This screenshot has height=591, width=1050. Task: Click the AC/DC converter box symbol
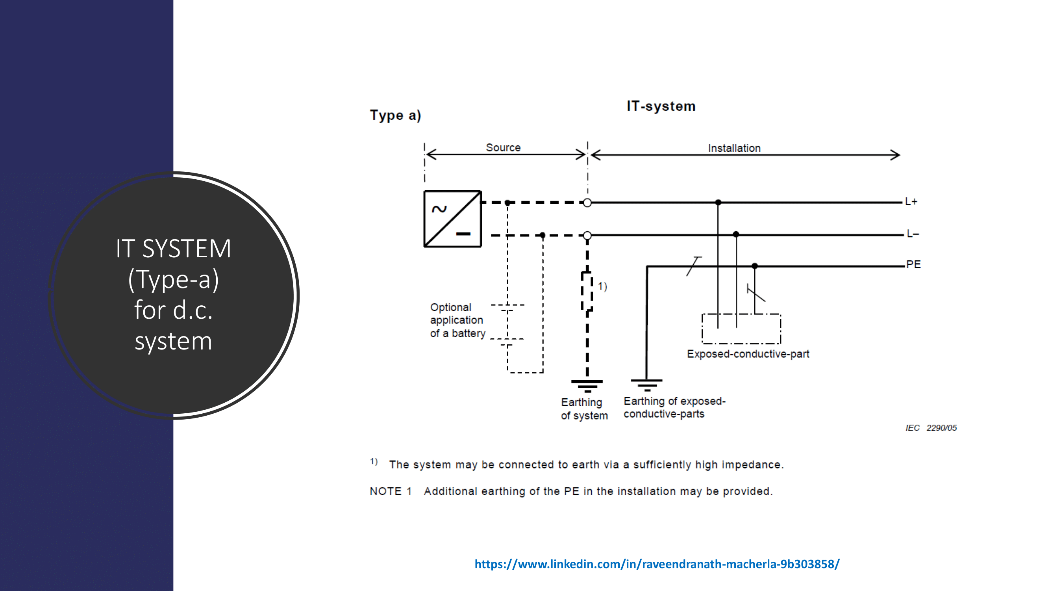pos(452,219)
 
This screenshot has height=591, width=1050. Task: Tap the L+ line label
pos(911,201)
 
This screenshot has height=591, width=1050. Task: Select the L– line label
pos(912,234)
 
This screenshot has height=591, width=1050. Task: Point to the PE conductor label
pos(913,264)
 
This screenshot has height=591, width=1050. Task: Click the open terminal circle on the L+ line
pos(587,203)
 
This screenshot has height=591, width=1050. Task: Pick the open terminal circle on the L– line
pos(587,235)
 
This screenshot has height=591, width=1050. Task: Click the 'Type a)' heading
pos(395,115)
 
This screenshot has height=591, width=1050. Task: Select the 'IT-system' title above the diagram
pos(661,106)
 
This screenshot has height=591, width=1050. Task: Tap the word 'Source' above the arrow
pos(503,148)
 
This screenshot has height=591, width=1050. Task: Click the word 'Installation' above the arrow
pos(734,148)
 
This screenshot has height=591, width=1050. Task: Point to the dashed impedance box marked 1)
pos(587,291)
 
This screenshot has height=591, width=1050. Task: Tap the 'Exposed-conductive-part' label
pos(748,354)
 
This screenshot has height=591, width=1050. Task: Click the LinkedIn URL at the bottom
pos(657,564)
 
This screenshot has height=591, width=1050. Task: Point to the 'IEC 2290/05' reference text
pos(931,428)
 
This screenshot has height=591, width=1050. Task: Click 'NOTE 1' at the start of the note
pos(391,491)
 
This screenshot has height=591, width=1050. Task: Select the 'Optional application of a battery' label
pos(457,320)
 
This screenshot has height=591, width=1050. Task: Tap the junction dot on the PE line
pos(754,266)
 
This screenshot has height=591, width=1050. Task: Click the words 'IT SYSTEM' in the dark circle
pos(173,248)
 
